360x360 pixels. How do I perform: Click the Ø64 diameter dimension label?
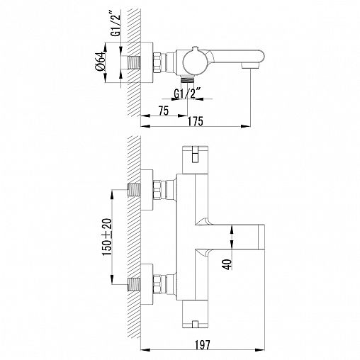[x=100, y=61]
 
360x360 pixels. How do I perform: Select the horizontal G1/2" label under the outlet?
[x=187, y=94]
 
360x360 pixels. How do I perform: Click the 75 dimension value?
[x=164, y=111]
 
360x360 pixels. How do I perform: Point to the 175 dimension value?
[x=195, y=121]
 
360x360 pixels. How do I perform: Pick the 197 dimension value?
[x=203, y=345]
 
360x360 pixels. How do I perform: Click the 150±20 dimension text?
[x=107, y=237]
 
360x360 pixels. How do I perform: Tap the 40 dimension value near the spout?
[x=227, y=264]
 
